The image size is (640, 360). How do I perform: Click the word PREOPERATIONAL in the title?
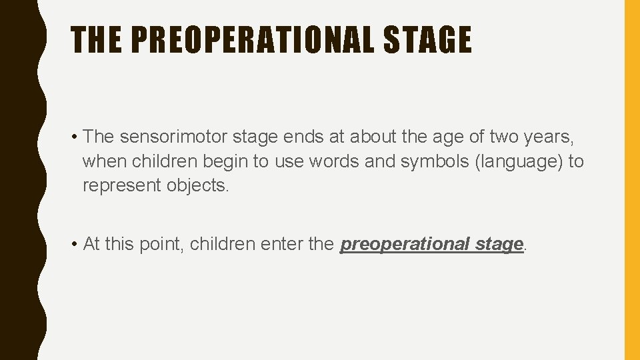pos(253,40)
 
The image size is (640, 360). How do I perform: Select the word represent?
pos(122,185)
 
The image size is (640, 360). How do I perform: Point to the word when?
pos(105,161)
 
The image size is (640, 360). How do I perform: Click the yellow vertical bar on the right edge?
pos(631,180)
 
